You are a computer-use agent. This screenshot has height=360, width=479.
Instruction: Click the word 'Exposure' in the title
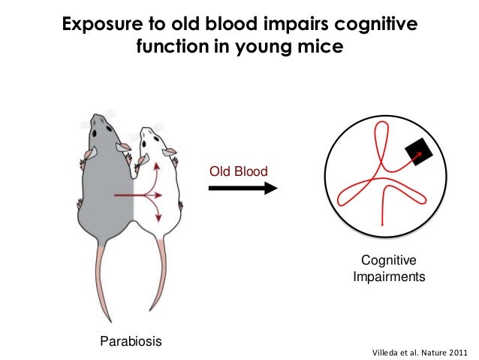(x=102, y=24)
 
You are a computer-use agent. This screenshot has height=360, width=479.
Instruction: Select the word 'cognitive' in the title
(x=375, y=24)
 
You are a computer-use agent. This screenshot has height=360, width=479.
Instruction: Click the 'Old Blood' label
(x=238, y=171)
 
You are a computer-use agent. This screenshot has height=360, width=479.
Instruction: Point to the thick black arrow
(x=243, y=188)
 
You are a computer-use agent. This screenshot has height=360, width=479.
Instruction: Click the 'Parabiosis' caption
(x=131, y=341)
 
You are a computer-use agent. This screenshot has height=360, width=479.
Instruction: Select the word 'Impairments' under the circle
(x=389, y=277)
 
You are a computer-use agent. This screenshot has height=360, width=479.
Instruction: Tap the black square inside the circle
(x=419, y=152)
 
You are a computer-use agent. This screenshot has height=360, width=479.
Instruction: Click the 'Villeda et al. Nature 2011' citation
(x=420, y=352)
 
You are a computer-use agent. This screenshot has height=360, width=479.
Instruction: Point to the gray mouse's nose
(x=95, y=116)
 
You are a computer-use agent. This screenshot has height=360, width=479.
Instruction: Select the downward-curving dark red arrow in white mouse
(x=154, y=209)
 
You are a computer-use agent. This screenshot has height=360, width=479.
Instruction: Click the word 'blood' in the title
(x=231, y=24)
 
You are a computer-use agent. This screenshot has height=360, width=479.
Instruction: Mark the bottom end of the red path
(x=382, y=225)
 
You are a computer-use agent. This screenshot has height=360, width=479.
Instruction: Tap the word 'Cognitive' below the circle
(x=389, y=260)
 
